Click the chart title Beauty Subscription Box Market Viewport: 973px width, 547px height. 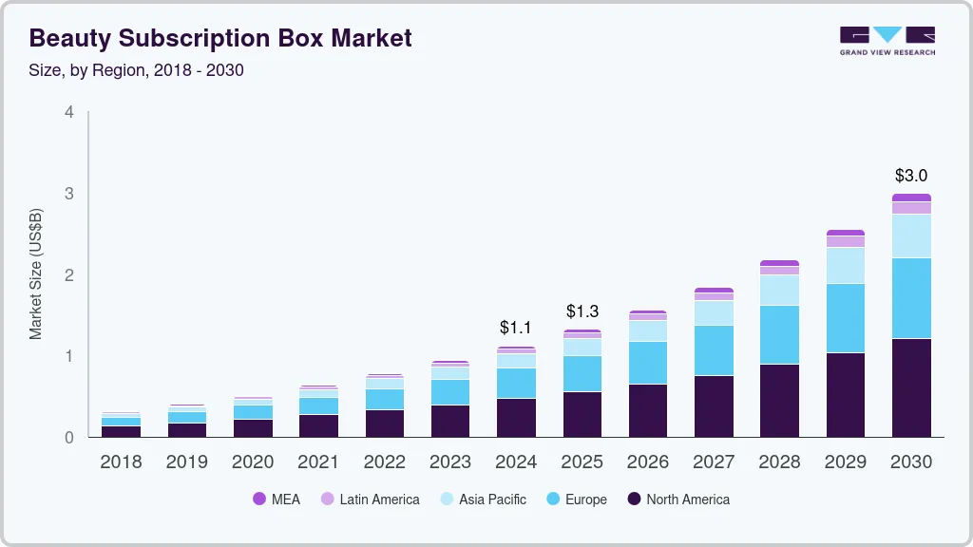[220, 38]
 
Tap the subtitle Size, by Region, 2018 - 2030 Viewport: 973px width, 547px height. [137, 70]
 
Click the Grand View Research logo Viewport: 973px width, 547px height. [887, 40]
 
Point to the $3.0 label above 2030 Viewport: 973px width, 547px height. [911, 176]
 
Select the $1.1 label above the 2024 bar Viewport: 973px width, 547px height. [516, 328]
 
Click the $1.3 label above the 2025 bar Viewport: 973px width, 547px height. [582, 311]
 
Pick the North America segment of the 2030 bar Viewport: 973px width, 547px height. [911, 387]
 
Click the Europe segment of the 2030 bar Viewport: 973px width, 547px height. [911, 298]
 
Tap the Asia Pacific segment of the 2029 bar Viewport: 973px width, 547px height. [845, 265]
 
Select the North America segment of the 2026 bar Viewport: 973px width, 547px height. [648, 410]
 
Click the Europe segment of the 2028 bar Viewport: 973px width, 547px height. [779, 334]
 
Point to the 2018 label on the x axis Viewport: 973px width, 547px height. [121, 462]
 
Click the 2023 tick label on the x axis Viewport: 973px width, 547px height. [449, 462]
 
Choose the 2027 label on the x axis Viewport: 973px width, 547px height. [714, 462]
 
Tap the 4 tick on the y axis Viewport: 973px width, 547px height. [68, 112]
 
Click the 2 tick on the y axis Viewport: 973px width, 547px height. [68, 275]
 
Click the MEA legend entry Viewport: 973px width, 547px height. [277, 500]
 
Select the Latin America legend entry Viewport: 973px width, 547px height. [370, 500]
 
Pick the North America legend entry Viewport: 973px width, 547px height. [678, 500]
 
